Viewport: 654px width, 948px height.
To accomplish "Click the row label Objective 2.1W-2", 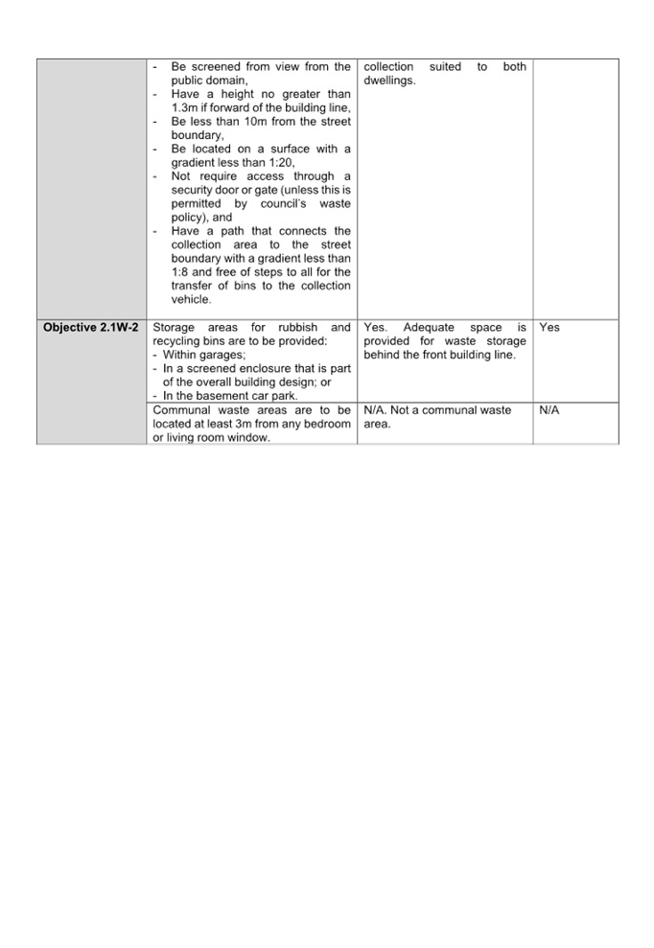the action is pos(91,327).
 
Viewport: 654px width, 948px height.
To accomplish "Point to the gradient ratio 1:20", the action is pos(281,163).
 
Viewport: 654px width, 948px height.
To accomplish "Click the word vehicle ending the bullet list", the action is pos(191,299).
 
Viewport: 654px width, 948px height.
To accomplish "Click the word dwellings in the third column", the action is pos(389,81).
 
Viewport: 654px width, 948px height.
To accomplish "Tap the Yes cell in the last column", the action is pos(549,327).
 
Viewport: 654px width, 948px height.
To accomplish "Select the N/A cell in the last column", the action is pos(549,410).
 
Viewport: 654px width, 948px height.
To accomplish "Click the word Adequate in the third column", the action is pos(429,327).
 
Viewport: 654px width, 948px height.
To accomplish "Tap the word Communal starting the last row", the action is pos(181,410).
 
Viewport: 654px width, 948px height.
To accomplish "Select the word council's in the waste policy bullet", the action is pos(283,204).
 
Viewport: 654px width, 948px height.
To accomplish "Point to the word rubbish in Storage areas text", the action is pos(297,327).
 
